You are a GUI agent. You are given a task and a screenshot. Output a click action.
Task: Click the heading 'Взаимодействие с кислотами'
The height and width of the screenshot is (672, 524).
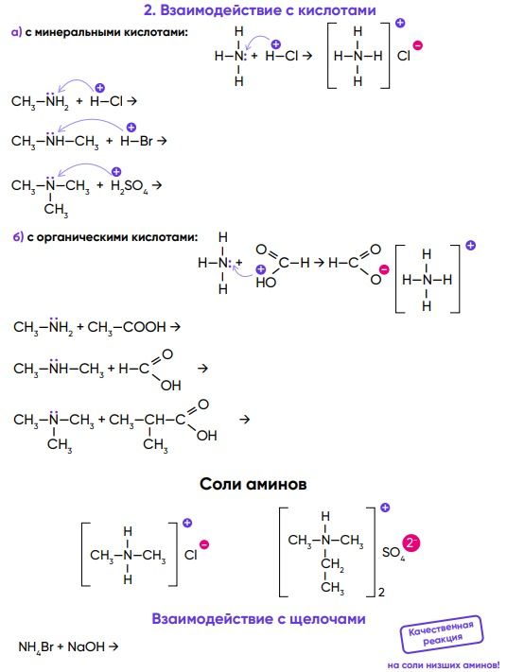click(x=268, y=10)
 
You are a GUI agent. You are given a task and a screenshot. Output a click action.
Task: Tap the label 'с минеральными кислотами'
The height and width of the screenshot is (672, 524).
click(x=107, y=32)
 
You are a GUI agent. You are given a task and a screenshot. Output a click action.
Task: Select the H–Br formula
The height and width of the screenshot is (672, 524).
click(x=136, y=141)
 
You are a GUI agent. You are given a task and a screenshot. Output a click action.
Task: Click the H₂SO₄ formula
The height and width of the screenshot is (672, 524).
click(x=129, y=186)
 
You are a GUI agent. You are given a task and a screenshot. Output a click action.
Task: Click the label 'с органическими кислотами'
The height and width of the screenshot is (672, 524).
click(x=113, y=237)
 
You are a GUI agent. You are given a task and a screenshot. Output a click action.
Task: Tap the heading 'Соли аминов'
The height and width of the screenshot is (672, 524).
click(x=253, y=484)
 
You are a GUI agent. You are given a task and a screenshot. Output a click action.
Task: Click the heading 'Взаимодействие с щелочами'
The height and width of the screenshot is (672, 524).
click(x=258, y=619)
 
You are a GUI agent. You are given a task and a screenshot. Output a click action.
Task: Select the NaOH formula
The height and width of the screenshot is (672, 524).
click(x=86, y=646)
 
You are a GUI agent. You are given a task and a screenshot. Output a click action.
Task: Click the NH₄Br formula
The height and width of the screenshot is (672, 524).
click(x=36, y=646)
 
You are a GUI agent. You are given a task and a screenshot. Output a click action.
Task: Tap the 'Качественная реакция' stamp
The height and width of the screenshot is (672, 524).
click(x=442, y=633)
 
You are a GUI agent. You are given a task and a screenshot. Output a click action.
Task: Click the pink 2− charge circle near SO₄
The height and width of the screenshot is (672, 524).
click(x=410, y=543)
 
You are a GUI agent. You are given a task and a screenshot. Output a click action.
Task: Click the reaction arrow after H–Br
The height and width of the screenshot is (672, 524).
click(x=162, y=140)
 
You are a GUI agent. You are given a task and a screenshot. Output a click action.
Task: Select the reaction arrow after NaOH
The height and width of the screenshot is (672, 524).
click(x=114, y=646)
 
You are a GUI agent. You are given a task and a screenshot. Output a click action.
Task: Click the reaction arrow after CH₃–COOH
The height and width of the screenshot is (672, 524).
click(x=175, y=327)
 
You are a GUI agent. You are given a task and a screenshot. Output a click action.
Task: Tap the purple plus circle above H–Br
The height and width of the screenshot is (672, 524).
click(x=131, y=128)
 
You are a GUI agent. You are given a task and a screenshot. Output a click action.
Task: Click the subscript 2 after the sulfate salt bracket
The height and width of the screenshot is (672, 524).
click(x=381, y=593)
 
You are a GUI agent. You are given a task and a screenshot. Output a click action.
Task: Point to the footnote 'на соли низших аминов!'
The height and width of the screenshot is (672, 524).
click(x=444, y=665)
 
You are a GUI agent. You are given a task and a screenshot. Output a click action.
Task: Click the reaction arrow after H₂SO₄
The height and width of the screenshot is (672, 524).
click(x=157, y=185)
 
